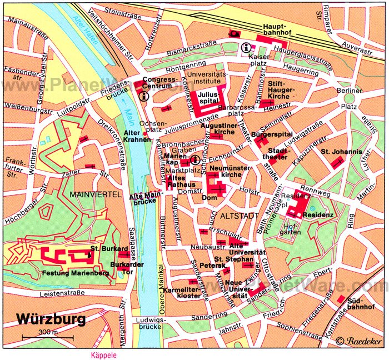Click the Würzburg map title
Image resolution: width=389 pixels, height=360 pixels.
(x=51, y=319)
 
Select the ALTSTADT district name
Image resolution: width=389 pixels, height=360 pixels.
(x=236, y=214)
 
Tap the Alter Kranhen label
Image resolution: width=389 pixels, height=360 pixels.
(x=137, y=136)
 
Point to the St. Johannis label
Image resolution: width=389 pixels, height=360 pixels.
(x=341, y=152)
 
